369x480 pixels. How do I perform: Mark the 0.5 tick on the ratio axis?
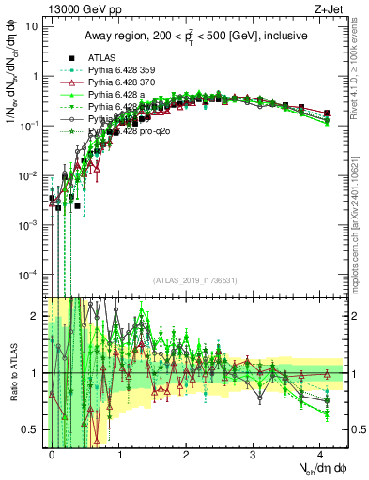[x=32, y=429]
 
